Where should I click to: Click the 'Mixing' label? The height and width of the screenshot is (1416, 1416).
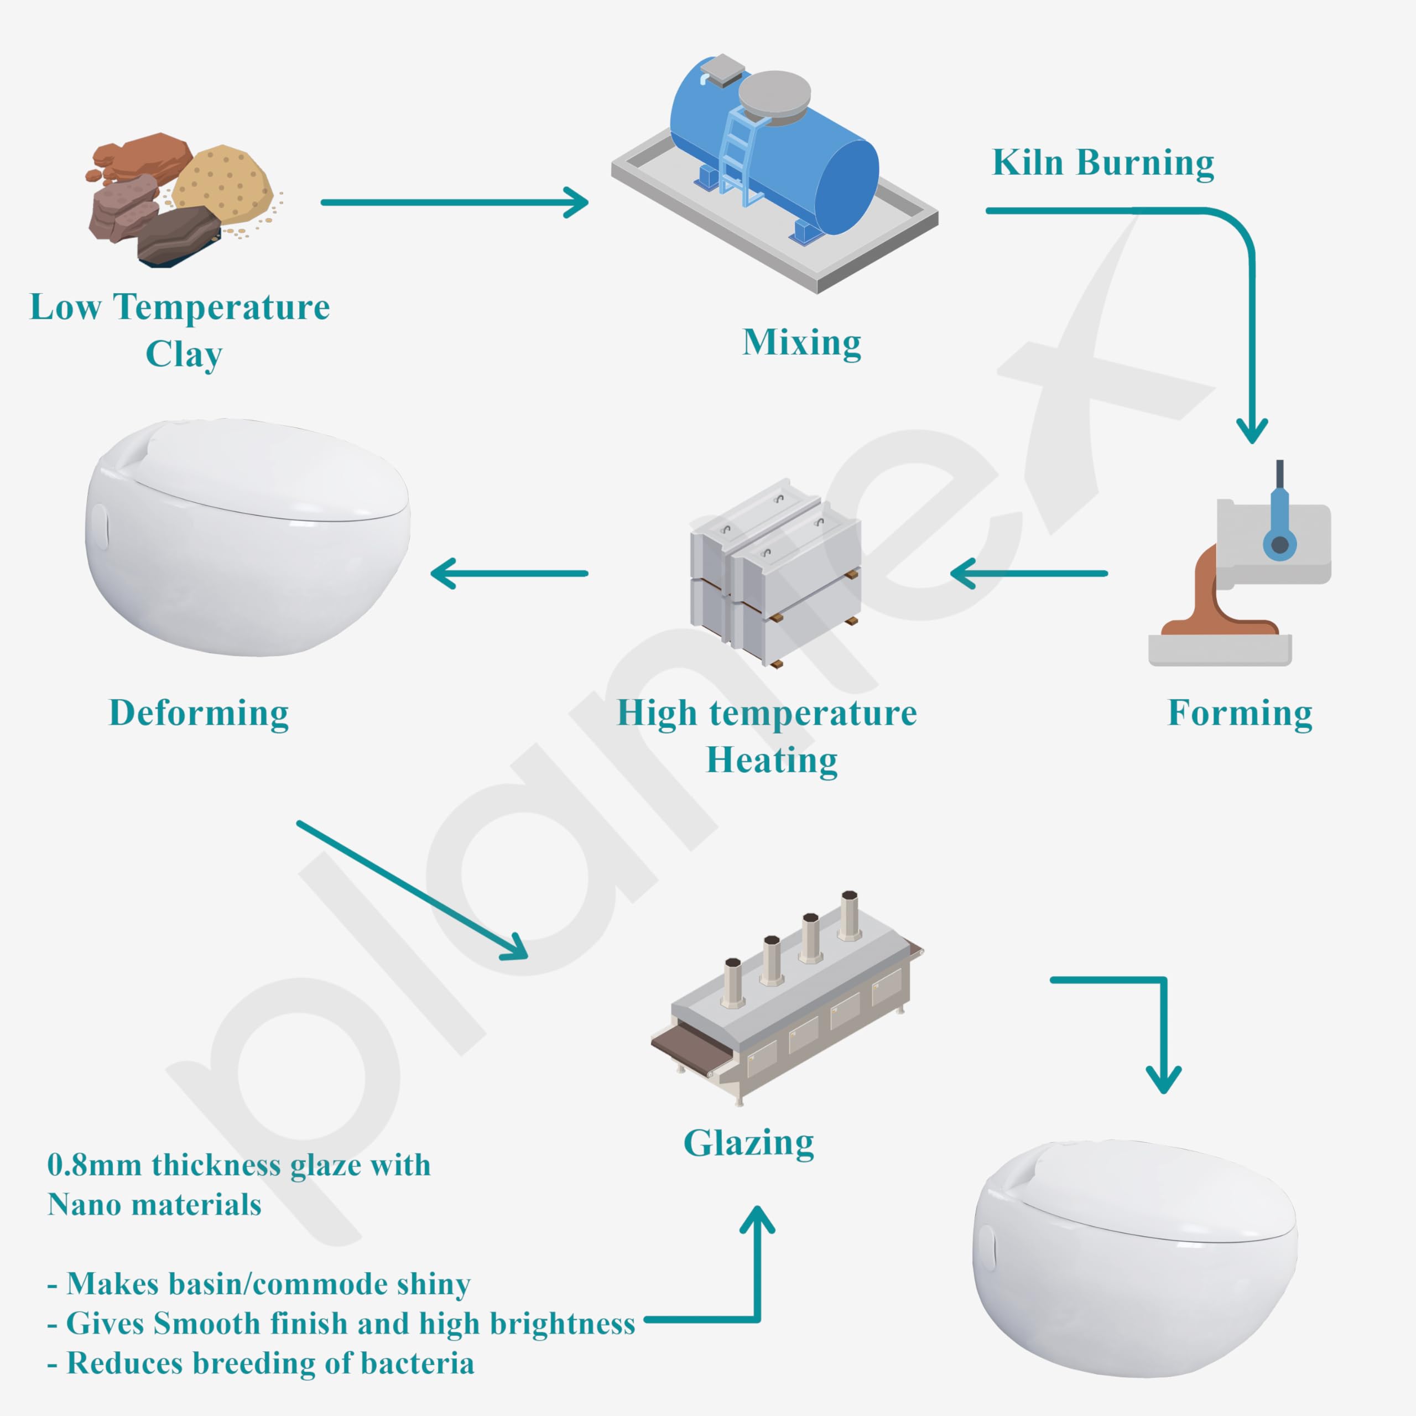point(802,342)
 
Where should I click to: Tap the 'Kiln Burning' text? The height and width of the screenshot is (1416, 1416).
point(1102,163)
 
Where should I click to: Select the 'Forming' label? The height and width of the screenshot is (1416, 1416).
point(1240,712)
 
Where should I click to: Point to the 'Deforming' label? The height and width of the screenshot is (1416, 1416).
point(199,712)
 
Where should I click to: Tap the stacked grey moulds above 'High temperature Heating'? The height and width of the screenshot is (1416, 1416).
point(775,572)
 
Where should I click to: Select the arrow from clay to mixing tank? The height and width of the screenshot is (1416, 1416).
point(455,202)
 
